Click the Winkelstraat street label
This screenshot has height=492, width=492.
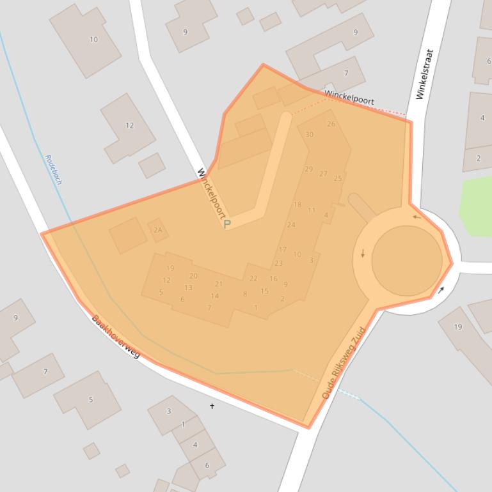click(x=424, y=74)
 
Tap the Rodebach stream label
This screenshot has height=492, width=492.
click(x=54, y=169)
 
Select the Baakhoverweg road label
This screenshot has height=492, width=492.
click(x=116, y=337)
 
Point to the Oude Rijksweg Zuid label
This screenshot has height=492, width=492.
click(x=344, y=363)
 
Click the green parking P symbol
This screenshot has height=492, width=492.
click(x=226, y=224)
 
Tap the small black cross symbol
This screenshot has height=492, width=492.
click(x=212, y=406)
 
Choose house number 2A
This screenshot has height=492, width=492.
click(x=157, y=230)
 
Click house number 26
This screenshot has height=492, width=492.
click(x=331, y=124)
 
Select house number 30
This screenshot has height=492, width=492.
click(x=310, y=135)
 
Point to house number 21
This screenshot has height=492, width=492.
click(x=219, y=284)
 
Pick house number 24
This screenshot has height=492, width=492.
click(x=291, y=225)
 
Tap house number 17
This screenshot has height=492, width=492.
click(x=283, y=250)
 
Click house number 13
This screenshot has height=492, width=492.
click(x=188, y=288)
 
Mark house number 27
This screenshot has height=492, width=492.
click(x=323, y=174)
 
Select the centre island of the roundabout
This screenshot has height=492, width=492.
click(x=406, y=261)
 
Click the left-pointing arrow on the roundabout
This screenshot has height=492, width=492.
click(x=417, y=217)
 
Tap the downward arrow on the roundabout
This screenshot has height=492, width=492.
click(x=363, y=254)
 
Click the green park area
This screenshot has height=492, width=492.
click(x=476, y=206)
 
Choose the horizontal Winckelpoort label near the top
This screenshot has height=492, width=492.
click(x=349, y=97)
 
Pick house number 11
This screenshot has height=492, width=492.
click(x=312, y=210)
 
